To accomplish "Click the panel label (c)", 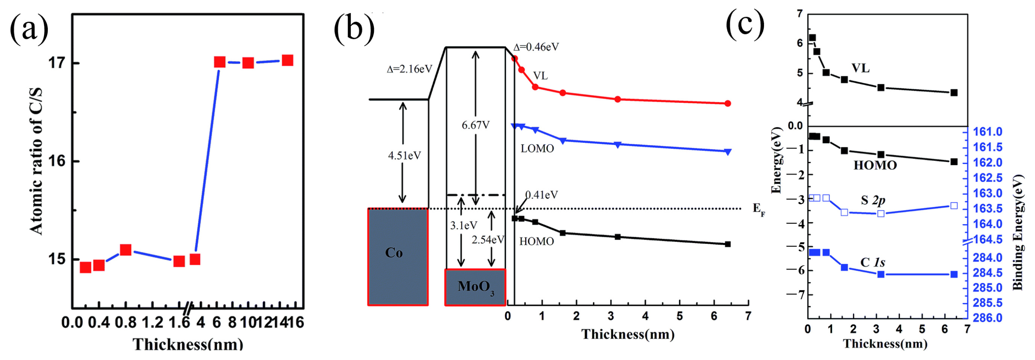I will tap(745, 24).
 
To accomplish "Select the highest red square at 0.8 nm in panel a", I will tap(126, 250).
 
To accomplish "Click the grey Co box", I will tap(398, 257).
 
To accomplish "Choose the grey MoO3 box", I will tap(475, 287).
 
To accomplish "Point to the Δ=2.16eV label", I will tap(409, 69).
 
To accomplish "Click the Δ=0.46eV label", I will tap(536, 47).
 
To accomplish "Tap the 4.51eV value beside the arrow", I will tap(404, 155).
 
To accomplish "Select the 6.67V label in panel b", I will tap(475, 125).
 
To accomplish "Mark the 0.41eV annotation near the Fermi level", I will tap(542, 195).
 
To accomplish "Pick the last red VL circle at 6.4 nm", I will tap(728, 104).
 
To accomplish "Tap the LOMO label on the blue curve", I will tap(537, 149).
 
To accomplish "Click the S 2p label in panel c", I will tap(872, 200).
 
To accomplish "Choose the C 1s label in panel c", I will tap(872, 263).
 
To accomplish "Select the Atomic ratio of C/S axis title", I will tap(37, 161).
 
